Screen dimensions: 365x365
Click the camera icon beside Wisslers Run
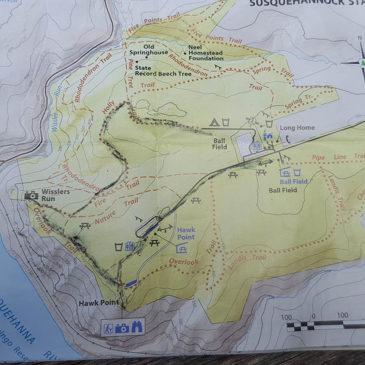click(x=31, y=195)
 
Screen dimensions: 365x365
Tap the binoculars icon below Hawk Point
click(x=137, y=327)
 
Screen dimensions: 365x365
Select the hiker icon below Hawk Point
click(x=108, y=328)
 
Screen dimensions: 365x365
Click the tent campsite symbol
click(x=214, y=122)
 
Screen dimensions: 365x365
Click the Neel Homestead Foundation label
click(x=205, y=53)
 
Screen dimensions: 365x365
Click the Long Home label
click(x=297, y=128)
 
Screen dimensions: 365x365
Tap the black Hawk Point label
click(x=99, y=303)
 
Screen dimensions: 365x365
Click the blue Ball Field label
click(x=294, y=182)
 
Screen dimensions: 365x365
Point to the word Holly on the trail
click(x=108, y=107)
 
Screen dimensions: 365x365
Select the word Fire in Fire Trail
click(x=101, y=202)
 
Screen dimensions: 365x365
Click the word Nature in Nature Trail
click(x=106, y=218)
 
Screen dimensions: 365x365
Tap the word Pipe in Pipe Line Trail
click(x=318, y=158)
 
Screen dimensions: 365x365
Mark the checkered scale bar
click(x=324, y=325)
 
